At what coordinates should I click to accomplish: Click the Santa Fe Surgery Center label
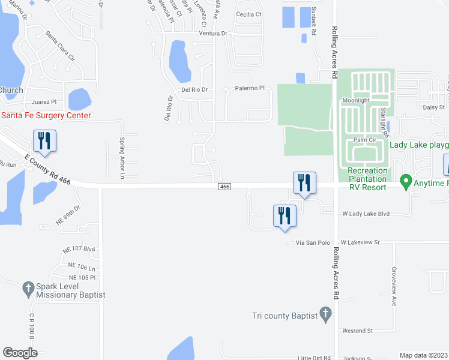46,116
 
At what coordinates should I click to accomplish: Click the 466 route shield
224,187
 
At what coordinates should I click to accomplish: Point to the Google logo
20,353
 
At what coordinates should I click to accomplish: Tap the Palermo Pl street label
250,88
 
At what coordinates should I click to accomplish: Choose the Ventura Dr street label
213,34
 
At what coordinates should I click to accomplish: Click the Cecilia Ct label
249,14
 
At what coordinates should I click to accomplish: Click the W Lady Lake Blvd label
366,214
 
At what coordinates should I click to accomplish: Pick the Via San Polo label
313,242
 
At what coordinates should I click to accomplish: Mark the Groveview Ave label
394,286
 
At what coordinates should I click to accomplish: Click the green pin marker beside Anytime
406,180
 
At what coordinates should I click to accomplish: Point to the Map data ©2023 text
424,355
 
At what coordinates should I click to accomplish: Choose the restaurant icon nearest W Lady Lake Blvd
284,215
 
